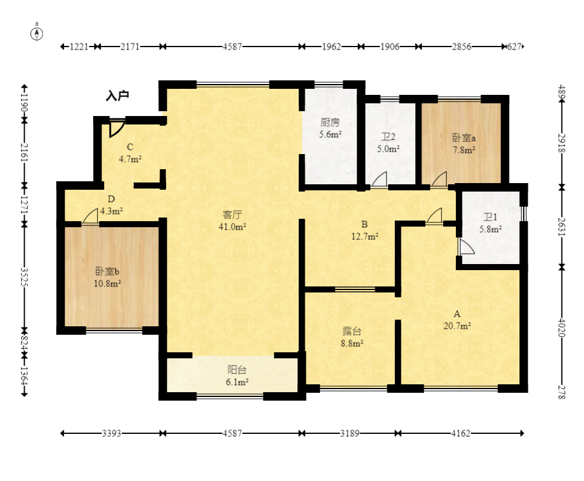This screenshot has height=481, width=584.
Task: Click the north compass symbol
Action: point(36,33)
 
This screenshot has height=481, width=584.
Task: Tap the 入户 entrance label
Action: point(117,95)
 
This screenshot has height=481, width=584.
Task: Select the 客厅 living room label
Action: point(232,215)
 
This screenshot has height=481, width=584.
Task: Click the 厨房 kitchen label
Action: point(330,123)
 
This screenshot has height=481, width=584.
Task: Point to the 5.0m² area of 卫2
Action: point(389,149)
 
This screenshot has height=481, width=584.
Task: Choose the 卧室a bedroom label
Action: point(464,138)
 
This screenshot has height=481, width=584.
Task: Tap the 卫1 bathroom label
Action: point(490,217)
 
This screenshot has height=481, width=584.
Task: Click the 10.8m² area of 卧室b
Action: point(107,283)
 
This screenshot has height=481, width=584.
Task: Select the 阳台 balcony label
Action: point(237,370)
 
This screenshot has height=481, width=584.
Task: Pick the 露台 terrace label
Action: point(352,331)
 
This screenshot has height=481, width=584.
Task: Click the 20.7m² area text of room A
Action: point(457,326)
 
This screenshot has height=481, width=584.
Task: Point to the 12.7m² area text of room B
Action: point(365,236)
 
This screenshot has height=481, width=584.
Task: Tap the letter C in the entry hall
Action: point(129,147)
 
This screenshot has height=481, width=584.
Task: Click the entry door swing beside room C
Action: point(116,128)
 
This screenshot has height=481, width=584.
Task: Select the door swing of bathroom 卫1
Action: point(466,247)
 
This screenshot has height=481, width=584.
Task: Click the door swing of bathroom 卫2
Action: point(379,179)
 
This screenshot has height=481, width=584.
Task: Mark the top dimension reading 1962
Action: point(331,47)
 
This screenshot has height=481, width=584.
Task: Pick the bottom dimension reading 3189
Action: point(349,433)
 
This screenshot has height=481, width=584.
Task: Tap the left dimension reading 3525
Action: point(24,277)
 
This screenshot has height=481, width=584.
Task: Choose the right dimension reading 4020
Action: point(562,328)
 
